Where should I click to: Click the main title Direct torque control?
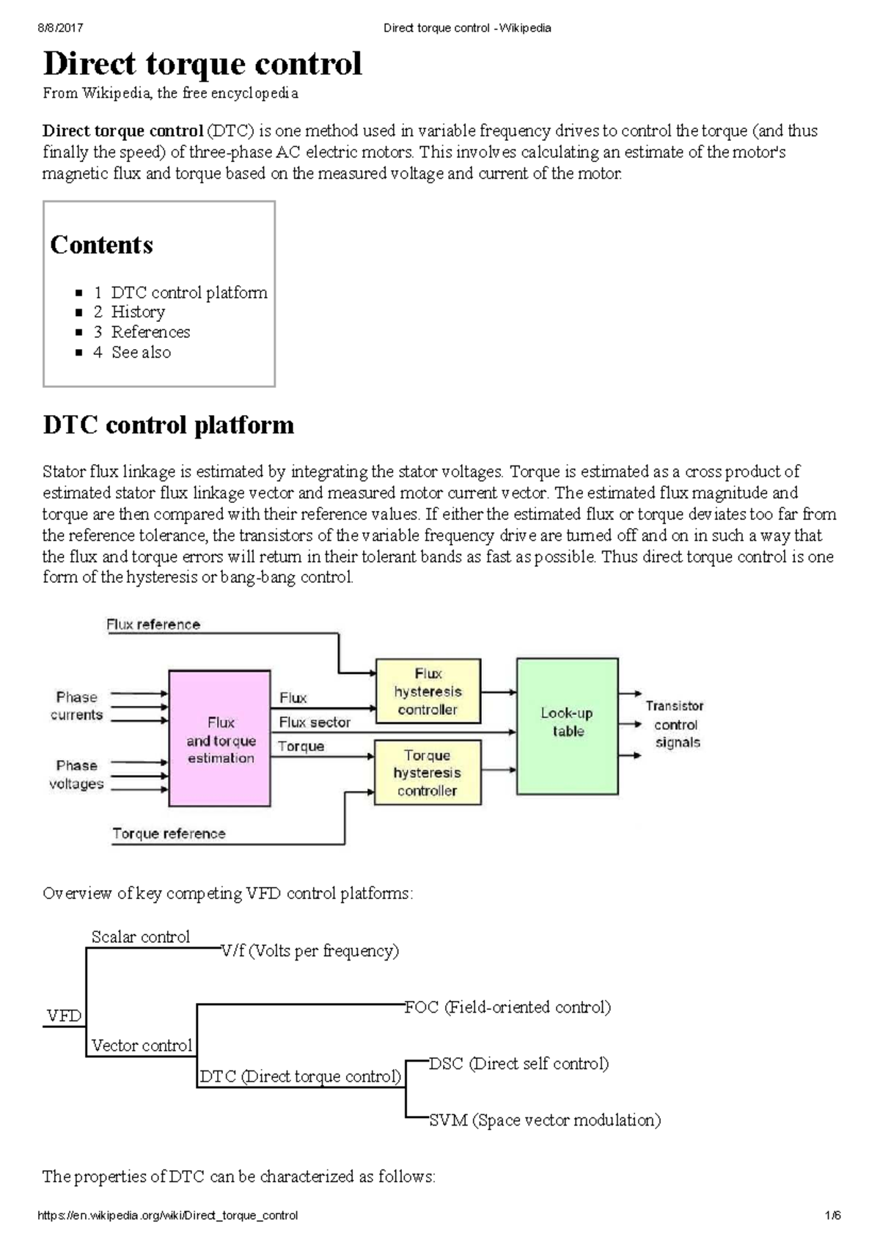coord(202,64)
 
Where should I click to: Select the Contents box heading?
coord(101,245)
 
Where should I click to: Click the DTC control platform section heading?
coord(168,425)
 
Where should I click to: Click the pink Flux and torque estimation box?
coord(220,739)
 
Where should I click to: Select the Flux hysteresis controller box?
coord(428,691)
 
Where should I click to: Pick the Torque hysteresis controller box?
coord(427,773)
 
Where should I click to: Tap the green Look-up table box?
coord(567,726)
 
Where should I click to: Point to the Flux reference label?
coord(153,625)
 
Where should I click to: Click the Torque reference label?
coord(169,834)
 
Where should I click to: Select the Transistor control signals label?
coord(675,724)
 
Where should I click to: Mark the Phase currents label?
coord(76,706)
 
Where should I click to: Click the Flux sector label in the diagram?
coord(315,722)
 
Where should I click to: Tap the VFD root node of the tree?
coord(64,1016)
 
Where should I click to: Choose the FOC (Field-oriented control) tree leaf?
coord(507,1007)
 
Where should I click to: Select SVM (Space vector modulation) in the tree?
coord(545,1120)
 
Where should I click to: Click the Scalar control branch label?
coord(140,937)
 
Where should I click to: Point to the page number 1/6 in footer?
coord(832,1216)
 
